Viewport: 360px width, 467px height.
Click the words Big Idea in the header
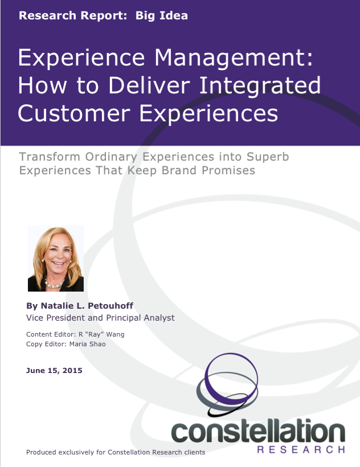(162, 15)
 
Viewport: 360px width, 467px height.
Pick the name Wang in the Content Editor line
(116, 334)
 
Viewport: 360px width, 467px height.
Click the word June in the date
(36, 371)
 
